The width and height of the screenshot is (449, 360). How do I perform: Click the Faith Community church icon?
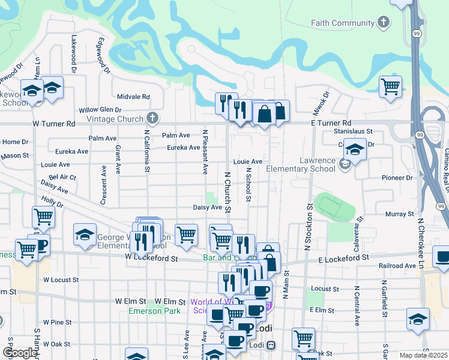point(383,23)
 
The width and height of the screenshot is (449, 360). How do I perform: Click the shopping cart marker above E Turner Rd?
point(390,87)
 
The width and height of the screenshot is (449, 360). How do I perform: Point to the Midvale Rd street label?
point(133,97)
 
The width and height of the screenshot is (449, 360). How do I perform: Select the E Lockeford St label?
point(342,257)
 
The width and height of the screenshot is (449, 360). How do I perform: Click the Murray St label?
point(396,214)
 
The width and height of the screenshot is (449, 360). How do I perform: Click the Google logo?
point(20,352)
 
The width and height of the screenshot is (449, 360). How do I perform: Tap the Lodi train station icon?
point(271,345)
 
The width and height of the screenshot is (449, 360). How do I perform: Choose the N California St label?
point(146,151)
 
